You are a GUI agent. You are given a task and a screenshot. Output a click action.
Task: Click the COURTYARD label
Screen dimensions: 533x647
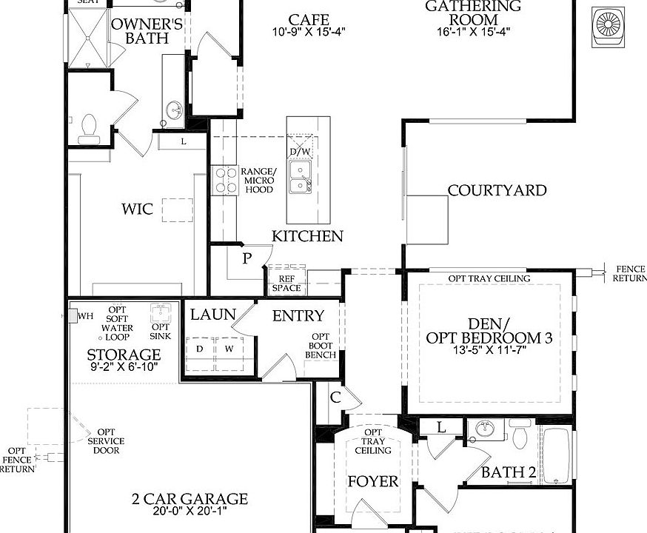click(x=497, y=190)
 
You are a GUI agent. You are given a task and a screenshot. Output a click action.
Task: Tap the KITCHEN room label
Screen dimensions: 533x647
click(x=307, y=236)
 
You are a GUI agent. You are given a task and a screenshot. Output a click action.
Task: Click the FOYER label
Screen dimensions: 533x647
click(x=373, y=482)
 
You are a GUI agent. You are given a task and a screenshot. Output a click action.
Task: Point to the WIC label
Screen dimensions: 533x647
click(x=138, y=209)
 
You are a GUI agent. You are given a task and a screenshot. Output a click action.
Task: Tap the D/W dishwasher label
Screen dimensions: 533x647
click(x=301, y=152)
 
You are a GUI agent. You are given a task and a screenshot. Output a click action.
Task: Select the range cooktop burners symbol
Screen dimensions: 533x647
click(x=223, y=181)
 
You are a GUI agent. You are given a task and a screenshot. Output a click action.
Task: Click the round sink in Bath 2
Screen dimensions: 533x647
click(x=486, y=429)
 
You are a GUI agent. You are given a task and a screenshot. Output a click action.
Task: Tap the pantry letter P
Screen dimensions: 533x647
click(x=247, y=258)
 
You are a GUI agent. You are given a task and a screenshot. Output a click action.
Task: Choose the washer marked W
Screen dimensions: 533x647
click(x=229, y=348)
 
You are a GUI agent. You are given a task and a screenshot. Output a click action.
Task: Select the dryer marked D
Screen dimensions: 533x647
click(x=199, y=348)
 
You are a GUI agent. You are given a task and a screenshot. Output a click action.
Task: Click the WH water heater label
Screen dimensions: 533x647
click(x=85, y=316)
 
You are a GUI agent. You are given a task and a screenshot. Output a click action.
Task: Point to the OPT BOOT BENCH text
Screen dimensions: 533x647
click(x=321, y=346)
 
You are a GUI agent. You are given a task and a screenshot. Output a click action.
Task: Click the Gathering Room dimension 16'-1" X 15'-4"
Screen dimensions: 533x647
click(x=473, y=31)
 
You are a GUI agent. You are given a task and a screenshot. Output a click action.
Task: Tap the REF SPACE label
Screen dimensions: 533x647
click(x=286, y=283)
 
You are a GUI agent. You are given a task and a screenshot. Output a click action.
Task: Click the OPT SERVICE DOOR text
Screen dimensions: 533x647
click(x=107, y=441)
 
